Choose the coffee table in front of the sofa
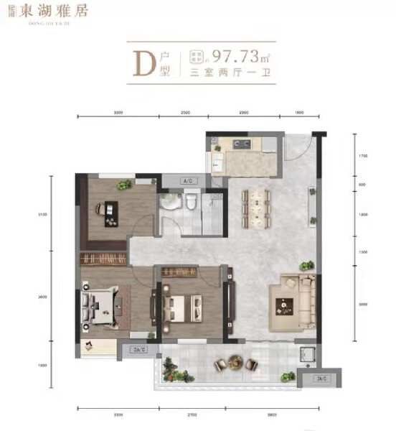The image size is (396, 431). point(287,305)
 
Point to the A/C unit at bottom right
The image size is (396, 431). point(321,379)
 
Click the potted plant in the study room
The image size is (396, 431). point(125,185)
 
